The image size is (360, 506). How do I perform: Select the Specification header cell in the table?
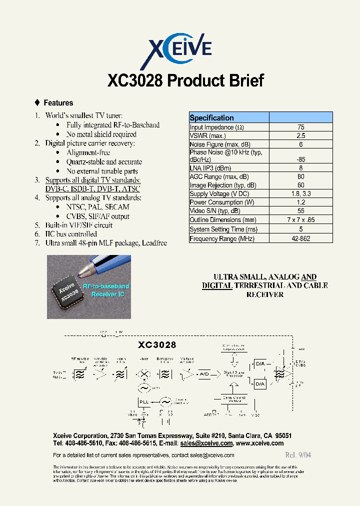(x=212, y=118)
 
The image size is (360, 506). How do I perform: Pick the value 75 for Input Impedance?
(x=300, y=127)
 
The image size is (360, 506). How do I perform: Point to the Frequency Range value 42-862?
(x=300, y=239)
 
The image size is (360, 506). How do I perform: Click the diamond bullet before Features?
(x=37, y=102)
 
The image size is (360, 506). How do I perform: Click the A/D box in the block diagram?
(x=204, y=374)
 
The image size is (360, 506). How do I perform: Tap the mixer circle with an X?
(x=144, y=374)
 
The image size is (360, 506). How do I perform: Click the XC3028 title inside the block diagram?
(x=157, y=345)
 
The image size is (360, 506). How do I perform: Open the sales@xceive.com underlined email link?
(x=206, y=443)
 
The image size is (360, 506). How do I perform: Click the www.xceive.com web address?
(x=259, y=443)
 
